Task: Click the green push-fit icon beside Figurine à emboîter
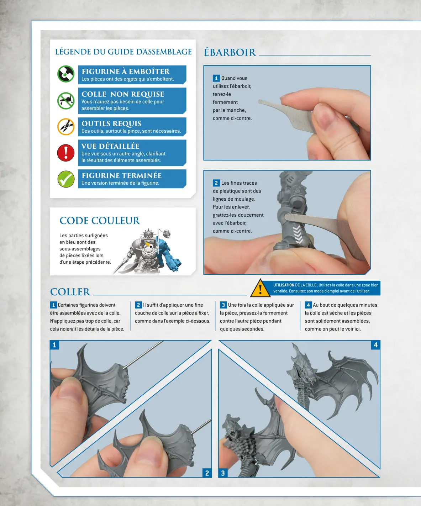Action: tap(66, 74)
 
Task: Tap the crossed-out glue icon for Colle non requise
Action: tap(66, 101)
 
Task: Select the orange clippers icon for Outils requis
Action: tap(66, 127)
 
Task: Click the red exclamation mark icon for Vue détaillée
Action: tap(66, 153)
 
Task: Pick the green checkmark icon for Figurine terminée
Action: tap(66, 179)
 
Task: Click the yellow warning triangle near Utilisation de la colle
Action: tap(260, 289)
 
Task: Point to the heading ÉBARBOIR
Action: tap(230, 53)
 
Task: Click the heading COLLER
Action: tap(70, 292)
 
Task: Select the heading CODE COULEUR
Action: tap(100, 221)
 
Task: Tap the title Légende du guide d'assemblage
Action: tap(123, 52)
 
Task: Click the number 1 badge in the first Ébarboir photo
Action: tap(216, 78)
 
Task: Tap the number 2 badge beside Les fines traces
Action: tap(216, 183)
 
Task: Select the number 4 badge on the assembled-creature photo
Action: tap(375, 345)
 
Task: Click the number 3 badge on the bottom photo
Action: tap(223, 473)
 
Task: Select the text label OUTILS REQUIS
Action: tap(111, 123)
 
